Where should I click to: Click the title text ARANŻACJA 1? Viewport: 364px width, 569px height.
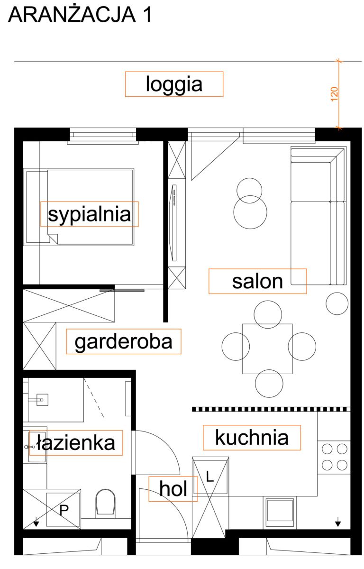coord(80,15)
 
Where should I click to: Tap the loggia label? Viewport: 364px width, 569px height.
coord(174,84)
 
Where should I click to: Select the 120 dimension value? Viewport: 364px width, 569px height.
coord(335,94)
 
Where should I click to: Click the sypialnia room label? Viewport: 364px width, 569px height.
coord(90,215)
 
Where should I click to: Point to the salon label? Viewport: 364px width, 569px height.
coord(257,282)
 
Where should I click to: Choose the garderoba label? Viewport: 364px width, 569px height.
coord(123,342)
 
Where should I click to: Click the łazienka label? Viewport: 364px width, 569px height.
coord(76,443)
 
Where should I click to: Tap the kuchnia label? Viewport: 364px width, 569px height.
coord(252,437)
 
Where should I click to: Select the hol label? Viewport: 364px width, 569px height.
coord(173,488)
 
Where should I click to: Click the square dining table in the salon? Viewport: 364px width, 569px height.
coord(267,349)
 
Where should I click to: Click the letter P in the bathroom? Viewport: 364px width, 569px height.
coord(64,510)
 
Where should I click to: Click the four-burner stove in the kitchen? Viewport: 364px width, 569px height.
coord(334,458)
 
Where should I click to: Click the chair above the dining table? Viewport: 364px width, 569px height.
coord(267,314)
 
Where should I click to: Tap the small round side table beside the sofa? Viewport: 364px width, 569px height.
coord(337,303)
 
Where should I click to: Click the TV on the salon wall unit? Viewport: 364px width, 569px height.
coord(174,222)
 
